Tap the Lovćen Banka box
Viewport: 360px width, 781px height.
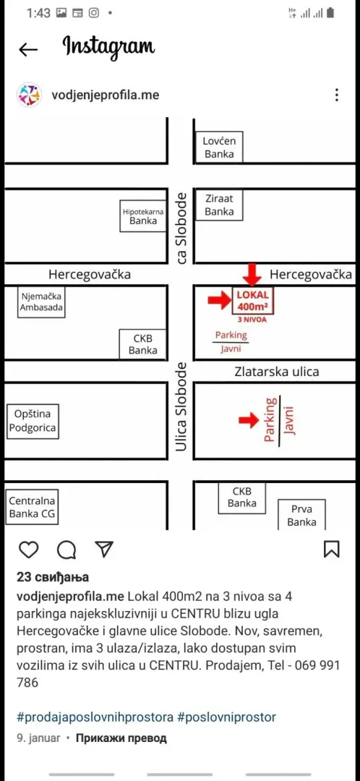coord(219,147)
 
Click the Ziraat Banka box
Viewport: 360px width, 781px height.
coord(219,205)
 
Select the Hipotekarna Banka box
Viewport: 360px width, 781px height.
coord(143,216)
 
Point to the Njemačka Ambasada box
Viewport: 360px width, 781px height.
coord(41,302)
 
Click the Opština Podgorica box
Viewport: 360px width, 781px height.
coord(33,421)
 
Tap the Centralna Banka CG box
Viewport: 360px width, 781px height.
coord(33,507)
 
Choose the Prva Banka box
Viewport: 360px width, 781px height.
coord(301,515)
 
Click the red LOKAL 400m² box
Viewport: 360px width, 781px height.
coord(253,300)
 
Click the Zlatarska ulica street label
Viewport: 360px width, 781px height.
coord(277,372)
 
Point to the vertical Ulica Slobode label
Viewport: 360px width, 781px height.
coord(181,407)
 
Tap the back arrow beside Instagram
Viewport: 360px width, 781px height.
coord(28,49)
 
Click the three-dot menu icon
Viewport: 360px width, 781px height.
coord(337,95)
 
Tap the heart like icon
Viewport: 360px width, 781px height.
coord(28,550)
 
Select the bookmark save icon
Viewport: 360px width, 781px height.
coord(332,549)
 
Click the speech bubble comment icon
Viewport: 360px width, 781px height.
coord(67,550)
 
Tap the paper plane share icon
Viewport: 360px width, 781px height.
coord(105,549)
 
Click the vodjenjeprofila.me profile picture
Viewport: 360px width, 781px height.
coord(29,95)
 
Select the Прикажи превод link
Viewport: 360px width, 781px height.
coord(121,738)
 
